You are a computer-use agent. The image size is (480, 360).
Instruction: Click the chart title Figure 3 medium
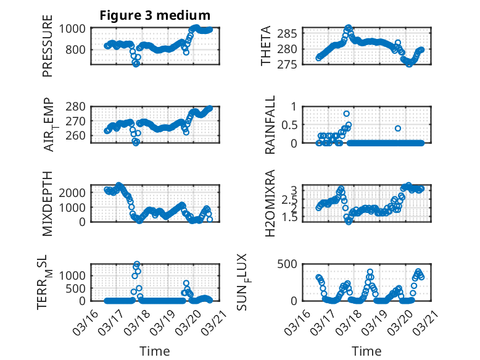[x=155, y=15]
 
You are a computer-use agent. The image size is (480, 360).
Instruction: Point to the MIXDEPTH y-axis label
[x=48, y=204]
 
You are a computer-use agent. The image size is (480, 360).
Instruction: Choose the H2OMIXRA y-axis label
[x=270, y=204]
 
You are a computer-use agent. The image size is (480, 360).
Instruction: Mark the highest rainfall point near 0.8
[x=347, y=114]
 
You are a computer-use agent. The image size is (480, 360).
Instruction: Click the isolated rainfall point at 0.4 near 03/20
[x=398, y=128]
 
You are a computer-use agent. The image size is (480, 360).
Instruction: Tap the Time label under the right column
[x=366, y=351]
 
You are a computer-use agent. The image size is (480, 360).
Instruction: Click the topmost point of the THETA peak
[x=349, y=28]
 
